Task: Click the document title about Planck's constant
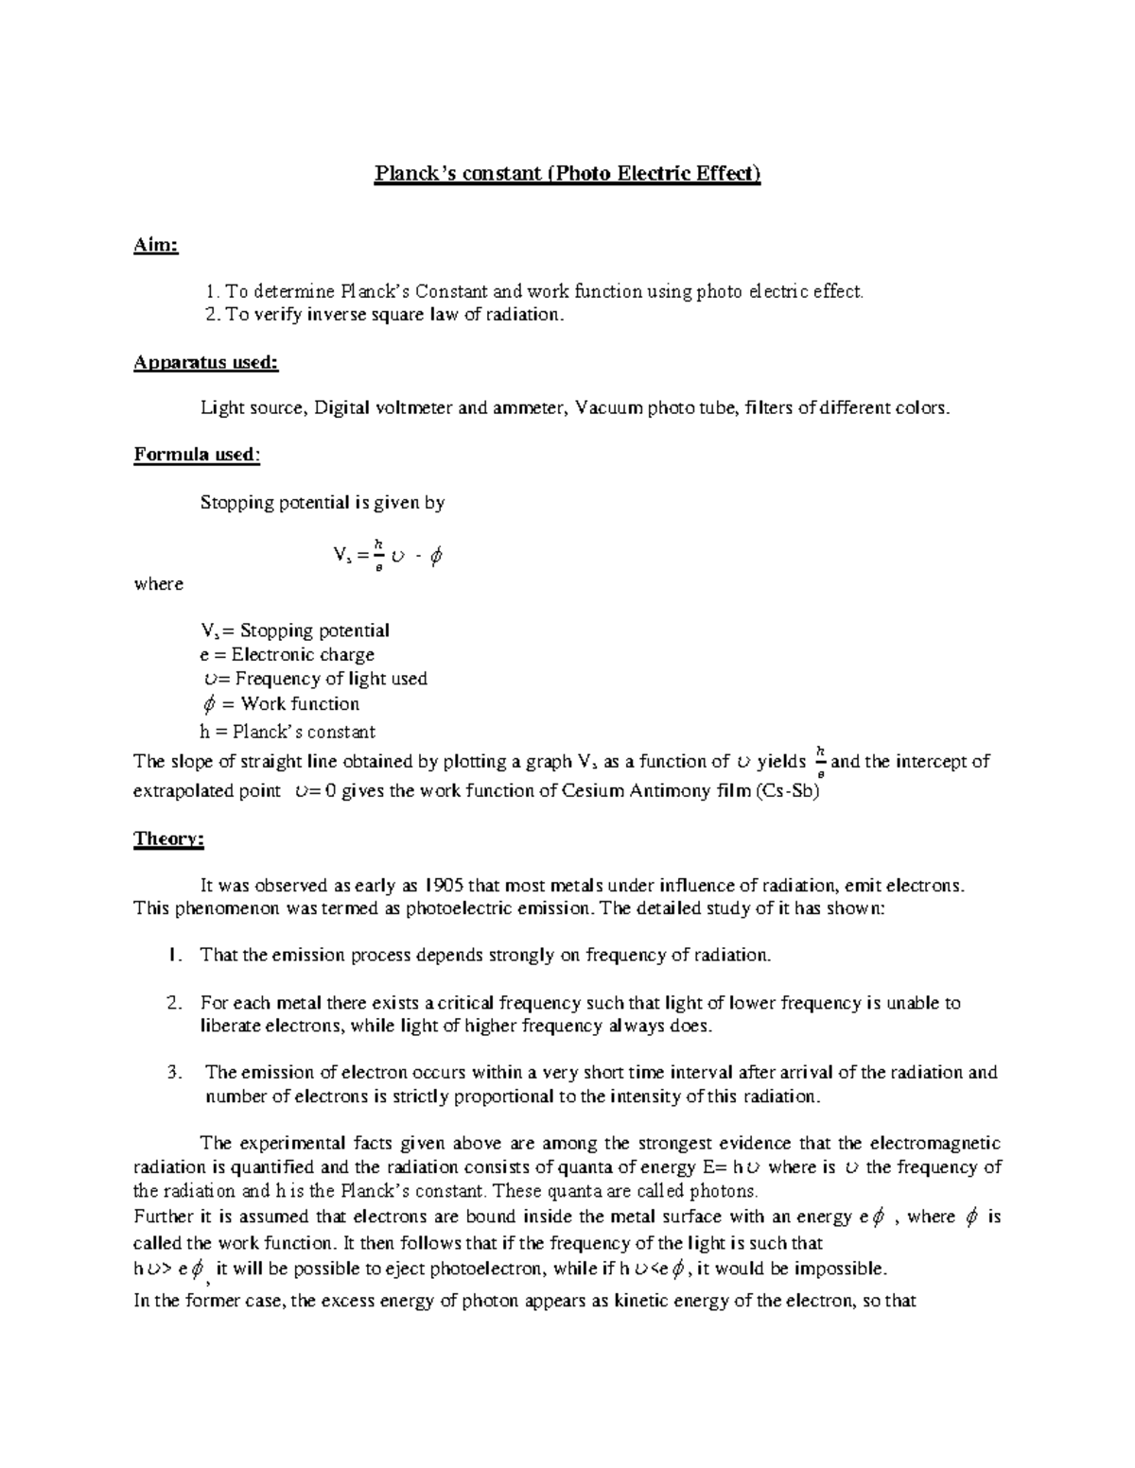(x=567, y=174)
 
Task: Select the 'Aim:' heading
(x=156, y=246)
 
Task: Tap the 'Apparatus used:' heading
(x=206, y=362)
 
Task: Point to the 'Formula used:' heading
(x=197, y=455)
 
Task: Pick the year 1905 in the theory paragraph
(x=444, y=886)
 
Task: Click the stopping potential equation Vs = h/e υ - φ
(x=388, y=556)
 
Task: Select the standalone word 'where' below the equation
(x=159, y=584)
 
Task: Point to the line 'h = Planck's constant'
(x=288, y=732)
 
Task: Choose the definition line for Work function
(x=282, y=704)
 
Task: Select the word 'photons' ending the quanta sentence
(x=725, y=1190)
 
